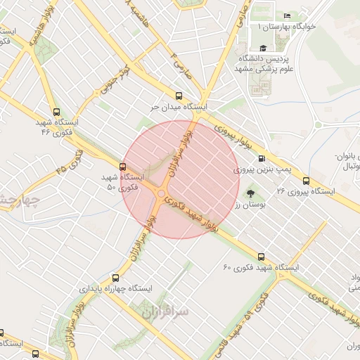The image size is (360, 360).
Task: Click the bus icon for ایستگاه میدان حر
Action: click(x=178, y=96)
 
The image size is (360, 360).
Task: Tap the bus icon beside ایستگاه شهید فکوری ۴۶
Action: click(x=56, y=112)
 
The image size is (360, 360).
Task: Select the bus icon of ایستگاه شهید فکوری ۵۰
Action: click(x=123, y=167)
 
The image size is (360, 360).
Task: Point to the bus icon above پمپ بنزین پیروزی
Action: click(x=262, y=159)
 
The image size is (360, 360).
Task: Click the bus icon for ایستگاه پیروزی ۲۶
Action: click(x=306, y=180)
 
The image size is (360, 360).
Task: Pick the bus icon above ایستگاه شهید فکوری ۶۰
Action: click(x=262, y=257)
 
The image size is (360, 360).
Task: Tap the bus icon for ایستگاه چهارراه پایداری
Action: click(x=115, y=278)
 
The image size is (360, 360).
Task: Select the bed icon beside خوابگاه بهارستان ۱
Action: click(x=287, y=16)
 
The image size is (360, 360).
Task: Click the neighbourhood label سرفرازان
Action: click(x=163, y=309)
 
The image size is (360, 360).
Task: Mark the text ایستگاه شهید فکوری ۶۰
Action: click(x=261, y=268)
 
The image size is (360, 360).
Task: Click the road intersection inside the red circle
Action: click(x=162, y=193)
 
